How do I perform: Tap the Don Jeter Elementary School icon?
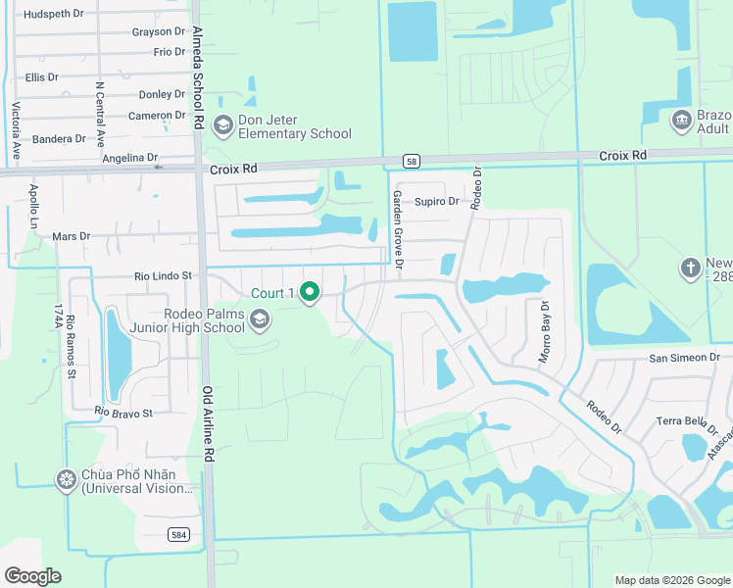[x=222, y=124]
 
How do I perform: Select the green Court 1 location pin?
[x=310, y=292]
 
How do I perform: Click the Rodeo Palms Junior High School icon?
[x=260, y=318]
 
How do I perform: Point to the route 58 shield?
[x=411, y=160]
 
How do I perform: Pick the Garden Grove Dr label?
[x=399, y=228]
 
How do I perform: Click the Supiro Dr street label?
[x=436, y=202]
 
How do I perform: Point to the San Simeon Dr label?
[x=684, y=358]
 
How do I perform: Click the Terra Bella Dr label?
[x=680, y=421]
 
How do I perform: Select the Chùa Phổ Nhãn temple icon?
[x=67, y=479]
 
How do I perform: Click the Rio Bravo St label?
[x=124, y=413]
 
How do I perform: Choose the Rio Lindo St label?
[x=164, y=277]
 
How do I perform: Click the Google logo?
[x=32, y=576]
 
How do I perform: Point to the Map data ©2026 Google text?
[x=671, y=580]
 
